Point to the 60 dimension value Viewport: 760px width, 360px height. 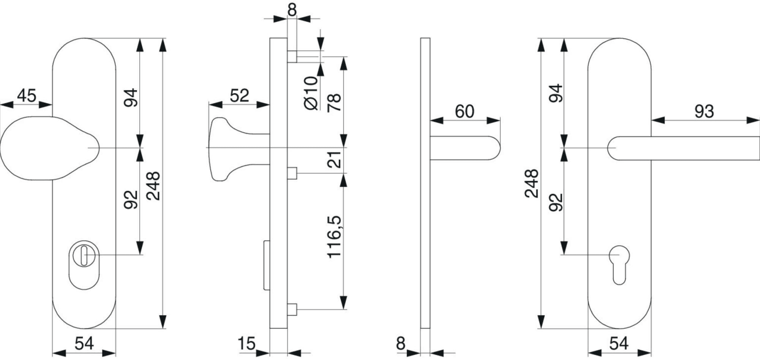point(465,111)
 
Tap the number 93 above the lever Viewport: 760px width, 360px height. point(704,111)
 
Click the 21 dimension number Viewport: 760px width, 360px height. point(334,159)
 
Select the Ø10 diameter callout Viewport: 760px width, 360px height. point(311,93)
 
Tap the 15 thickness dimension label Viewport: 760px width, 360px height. point(246,344)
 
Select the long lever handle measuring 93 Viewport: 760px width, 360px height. point(684,148)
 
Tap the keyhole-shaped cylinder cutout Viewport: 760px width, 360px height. point(620,265)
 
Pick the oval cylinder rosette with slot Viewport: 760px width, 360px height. point(85,265)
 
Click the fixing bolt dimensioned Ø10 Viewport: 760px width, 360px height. point(292,57)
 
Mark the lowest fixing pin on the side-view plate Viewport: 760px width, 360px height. point(292,310)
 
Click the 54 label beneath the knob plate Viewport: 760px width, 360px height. point(84,344)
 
